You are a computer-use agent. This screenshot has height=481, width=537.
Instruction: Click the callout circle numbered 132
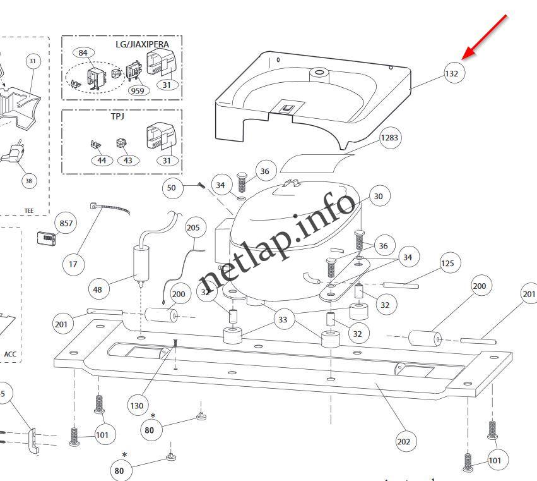pyautogui.click(x=452, y=73)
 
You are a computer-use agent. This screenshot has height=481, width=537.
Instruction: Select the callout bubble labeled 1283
pyautogui.click(x=389, y=138)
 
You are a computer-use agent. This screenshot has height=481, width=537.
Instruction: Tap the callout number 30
pyautogui.click(x=378, y=197)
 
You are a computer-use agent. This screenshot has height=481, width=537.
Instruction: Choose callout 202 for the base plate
pyautogui.click(x=404, y=441)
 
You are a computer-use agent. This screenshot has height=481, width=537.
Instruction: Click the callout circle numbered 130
pyautogui.click(x=137, y=406)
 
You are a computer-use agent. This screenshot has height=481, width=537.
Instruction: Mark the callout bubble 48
pyautogui.click(x=97, y=290)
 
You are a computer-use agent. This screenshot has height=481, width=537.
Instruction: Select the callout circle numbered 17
pyautogui.click(x=73, y=264)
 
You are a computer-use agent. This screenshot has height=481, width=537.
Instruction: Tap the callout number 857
pyautogui.click(x=66, y=224)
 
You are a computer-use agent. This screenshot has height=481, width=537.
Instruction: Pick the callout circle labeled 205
pyautogui.click(x=192, y=228)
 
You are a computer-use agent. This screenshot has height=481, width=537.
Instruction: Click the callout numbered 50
pyautogui.click(x=172, y=188)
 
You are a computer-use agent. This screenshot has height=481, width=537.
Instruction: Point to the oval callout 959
pyautogui.click(x=137, y=90)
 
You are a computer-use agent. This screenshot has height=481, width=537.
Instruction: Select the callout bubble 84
pyautogui.click(x=83, y=53)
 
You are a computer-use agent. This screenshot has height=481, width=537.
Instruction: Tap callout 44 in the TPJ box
pyautogui.click(x=102, y=161)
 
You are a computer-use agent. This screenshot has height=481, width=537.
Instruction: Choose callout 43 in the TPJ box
pyautogui.click(x=128, y=161)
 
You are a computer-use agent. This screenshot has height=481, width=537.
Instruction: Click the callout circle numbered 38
pyautogui.click(x=28, y=181)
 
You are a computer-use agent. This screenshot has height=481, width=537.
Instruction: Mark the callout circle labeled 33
pyautogui.click(x=283, y=320)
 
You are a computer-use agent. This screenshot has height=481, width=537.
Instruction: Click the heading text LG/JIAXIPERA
pyautogui.click(x=143, y=44)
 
